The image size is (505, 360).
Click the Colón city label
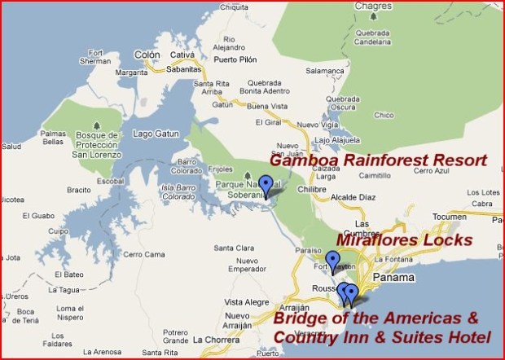point(147,55)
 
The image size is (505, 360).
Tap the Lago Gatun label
point(155,133)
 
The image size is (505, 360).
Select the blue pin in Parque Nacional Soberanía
point(265,186)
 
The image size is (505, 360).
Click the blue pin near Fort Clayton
point(332,261)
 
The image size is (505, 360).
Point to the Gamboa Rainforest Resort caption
point(378,160)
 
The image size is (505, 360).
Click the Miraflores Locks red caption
point(403,239)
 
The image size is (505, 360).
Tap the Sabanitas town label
point(184,70)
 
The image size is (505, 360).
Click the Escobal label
point(110,181)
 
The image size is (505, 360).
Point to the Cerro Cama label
point(143,254)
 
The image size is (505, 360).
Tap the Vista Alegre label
point(247,301)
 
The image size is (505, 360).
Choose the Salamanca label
point(326,71)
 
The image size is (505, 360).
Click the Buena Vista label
point(267,106)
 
